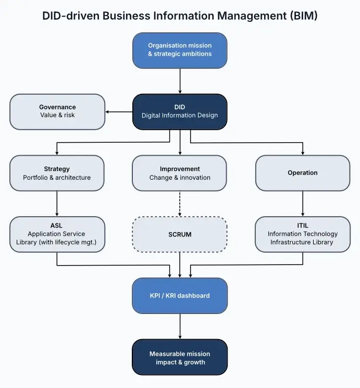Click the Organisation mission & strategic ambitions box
(180, 50)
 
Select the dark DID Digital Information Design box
(180, 111)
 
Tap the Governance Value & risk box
(57, 111)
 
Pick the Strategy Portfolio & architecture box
(57, 173)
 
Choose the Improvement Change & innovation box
(180, 173)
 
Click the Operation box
(303, 173)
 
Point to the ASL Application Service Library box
(57, 234)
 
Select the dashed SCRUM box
(180, 234)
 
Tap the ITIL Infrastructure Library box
(303, 234)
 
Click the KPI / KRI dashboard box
(180, 295)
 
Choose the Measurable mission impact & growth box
(180, 357)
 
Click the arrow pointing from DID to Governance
(119, 111)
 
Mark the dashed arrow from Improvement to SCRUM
(180, 204)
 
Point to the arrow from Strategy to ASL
(57, 204)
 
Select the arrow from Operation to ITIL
(303, 204)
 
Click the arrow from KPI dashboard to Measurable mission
(180, 326)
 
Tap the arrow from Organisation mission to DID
(180, 81)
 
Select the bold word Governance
(57, 107)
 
